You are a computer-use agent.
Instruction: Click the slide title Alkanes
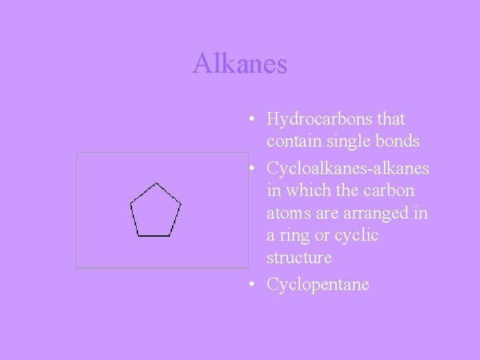[x=240, y=64]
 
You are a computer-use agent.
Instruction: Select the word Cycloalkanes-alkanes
[x=347, y=169]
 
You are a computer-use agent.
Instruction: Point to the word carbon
[x=390, y=191]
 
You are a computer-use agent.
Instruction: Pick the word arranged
[x=375, y=214]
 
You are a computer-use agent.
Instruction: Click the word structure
[x=299, y=258]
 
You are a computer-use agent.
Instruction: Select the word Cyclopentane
[x=317, y=285]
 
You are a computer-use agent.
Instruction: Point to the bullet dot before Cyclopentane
[x=248, y=285]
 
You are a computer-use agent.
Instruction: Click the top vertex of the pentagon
[x=155, y=183]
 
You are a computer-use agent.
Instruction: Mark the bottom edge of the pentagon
[x=155, y=235]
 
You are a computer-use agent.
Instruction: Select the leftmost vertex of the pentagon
[x=131, y=201]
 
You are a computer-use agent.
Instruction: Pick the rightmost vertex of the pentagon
[x=181, y=201]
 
